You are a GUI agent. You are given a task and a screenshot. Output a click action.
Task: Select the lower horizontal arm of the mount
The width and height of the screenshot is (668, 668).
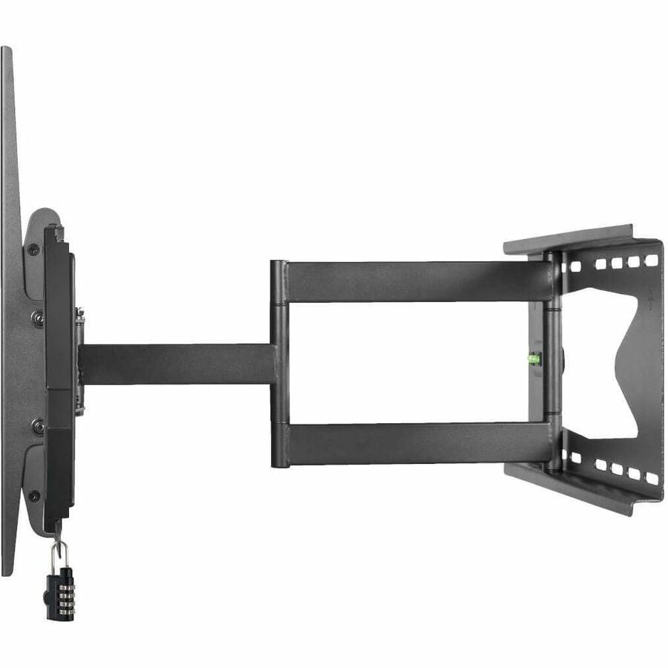tap(416, 443)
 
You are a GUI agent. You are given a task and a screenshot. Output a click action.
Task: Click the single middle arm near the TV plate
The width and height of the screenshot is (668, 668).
tap(178, 364)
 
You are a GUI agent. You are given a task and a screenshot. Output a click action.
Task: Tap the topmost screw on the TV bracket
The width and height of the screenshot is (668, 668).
tap(33, 249)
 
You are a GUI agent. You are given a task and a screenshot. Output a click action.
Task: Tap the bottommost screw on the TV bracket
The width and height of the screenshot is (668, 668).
tap(33, 495)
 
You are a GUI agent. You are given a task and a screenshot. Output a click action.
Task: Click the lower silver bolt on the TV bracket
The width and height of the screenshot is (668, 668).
tap(36, 425)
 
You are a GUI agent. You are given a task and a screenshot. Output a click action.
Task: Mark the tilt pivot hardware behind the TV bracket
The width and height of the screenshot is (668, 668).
tap(79, 364)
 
